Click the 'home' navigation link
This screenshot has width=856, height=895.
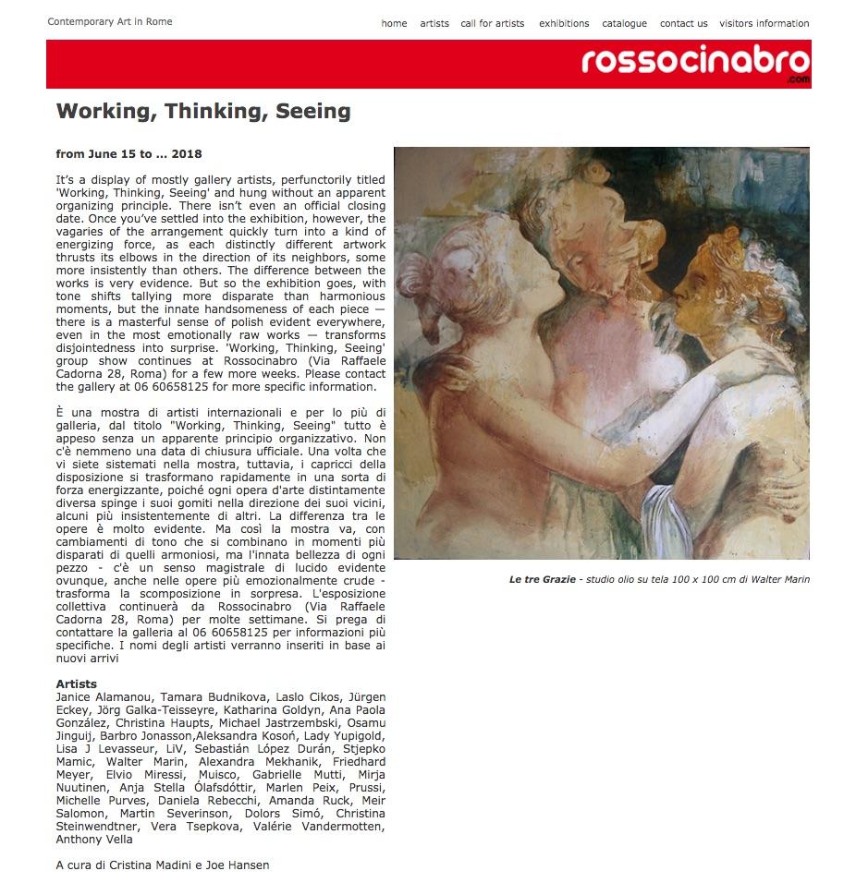(394, 24)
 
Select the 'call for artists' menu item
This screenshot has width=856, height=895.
(492, 24)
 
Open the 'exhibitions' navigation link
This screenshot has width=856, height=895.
(564, 24)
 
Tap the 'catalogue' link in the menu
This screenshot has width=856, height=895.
(624, 24)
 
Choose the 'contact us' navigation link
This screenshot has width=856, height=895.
(683, 24)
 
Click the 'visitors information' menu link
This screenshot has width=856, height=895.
(764, 24)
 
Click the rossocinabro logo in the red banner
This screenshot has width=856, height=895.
(695, 63)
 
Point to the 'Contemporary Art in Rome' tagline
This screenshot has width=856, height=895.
(109, 22)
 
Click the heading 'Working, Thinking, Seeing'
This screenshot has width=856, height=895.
(203, 112)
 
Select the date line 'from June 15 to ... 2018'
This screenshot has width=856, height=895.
(128, 154)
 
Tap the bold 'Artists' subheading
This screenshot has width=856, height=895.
(77, 684)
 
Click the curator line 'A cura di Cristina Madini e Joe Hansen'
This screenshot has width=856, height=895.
(163, 865)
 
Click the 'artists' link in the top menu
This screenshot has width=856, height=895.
(434, 24)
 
